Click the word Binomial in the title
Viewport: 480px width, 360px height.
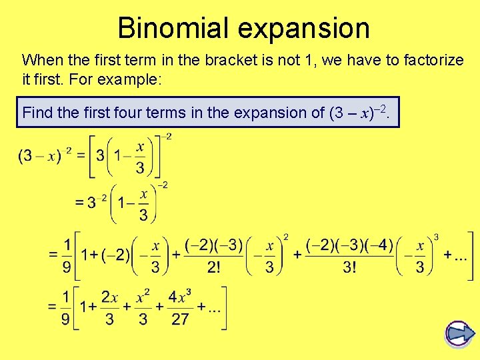[171, 29]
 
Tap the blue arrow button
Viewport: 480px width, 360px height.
[460, 333]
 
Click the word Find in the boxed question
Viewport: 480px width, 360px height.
[37, 113]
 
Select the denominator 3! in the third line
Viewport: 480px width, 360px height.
[349, 267]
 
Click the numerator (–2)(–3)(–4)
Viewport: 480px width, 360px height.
[350, 244]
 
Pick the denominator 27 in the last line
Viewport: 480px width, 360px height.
[180, 319]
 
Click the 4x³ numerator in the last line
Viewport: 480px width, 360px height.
[181, 297]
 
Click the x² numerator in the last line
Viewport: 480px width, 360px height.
[143, 297]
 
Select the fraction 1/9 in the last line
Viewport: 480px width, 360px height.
[65, 307]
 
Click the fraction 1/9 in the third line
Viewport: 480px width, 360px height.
[65, 255]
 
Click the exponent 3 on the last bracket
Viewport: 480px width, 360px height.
[437, 237]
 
